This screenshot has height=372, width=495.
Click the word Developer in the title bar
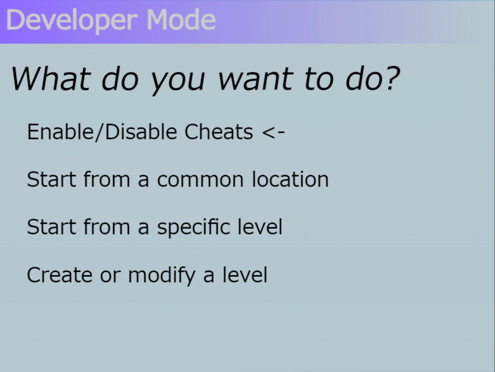(72, 21)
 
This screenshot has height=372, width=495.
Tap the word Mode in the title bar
(181, 19)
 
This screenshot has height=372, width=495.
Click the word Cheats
(219, 132)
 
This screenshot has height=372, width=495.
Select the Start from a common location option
(178, 179)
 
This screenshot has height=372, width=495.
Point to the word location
(290, 179)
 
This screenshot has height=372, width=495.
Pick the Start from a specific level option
(155, 227)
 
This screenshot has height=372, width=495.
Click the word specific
(194, 228)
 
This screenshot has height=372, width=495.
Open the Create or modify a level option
(147, 276)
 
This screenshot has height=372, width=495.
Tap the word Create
(60, 275)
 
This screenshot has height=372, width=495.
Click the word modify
(162, 276)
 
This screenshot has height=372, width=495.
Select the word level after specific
(260, 227)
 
